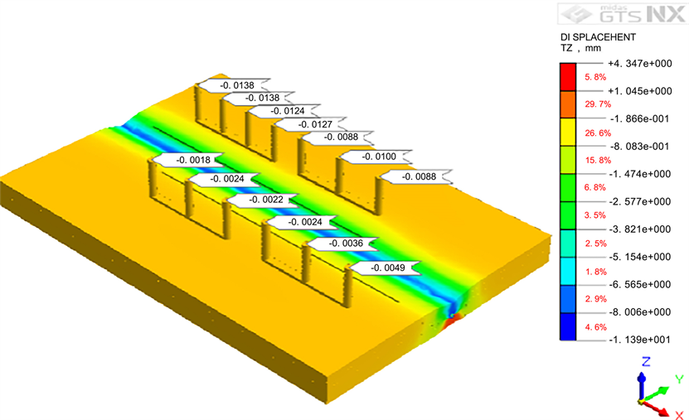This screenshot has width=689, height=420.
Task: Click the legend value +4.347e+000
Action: point(640,64)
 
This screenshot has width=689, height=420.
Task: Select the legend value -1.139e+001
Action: point(640,340)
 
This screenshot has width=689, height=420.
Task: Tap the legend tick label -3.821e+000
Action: point(640,229)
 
